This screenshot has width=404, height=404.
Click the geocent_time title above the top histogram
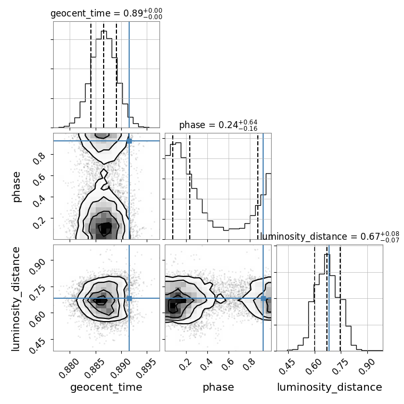(106, 14)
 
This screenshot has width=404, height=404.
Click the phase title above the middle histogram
(218, 125)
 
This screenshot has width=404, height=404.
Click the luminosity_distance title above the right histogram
(330, 236)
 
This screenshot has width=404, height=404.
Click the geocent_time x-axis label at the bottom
(106, 388)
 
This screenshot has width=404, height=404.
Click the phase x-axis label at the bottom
(218, 388)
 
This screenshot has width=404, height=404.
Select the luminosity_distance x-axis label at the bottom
(330, 388)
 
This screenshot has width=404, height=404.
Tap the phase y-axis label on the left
(16, 186)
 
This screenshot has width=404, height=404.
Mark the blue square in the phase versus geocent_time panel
(129, 141)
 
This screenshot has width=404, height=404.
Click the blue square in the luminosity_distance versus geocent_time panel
(129, 298)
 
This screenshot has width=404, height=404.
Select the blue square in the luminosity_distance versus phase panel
(263, 298)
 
